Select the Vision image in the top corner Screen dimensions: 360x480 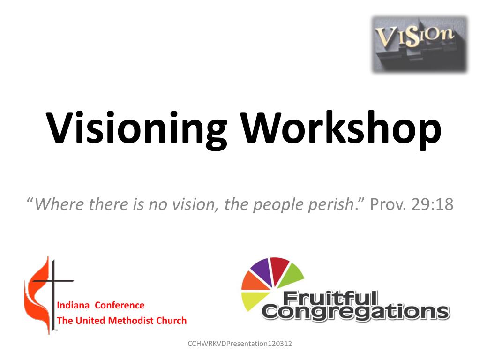coord(420,45)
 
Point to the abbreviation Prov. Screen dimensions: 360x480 coord(387,205)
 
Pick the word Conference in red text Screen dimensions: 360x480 coord(120,305)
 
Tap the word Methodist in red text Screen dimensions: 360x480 coord(131,321)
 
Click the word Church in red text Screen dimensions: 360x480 coord(171,321)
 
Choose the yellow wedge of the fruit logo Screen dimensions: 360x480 coord(253,300)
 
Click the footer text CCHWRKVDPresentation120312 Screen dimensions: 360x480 coord(240,344)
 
